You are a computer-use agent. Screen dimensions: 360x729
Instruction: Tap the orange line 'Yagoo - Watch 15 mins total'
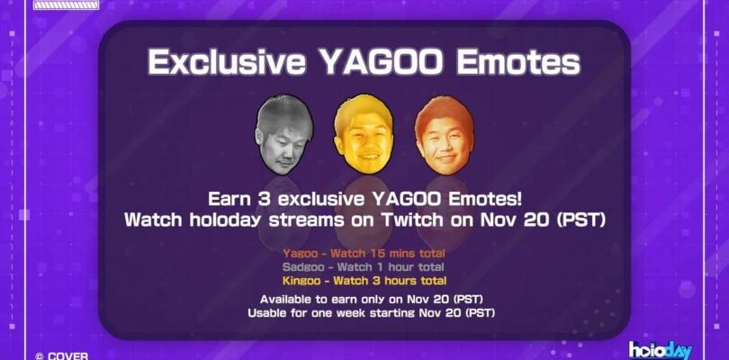click(364, 253)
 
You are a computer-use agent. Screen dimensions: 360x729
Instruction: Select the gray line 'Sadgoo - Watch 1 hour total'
click(364, 266)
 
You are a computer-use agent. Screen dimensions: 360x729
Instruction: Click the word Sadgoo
click(303, 266)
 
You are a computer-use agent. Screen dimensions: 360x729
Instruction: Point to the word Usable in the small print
click(270, 311)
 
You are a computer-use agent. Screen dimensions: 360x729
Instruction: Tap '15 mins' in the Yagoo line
click(389, 253)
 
